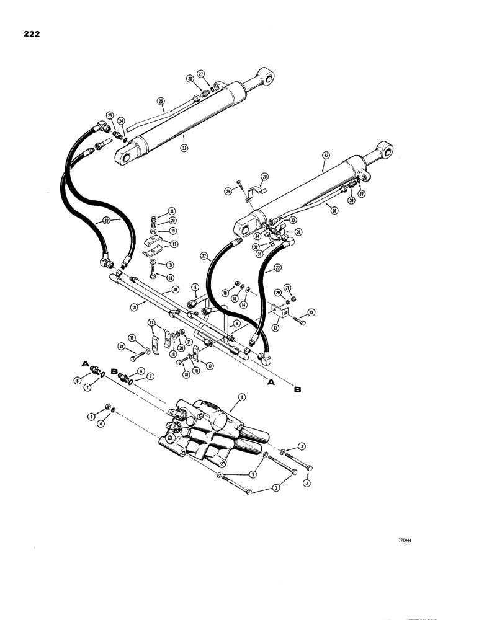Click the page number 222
point(29,34)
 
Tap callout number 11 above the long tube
point(176,290)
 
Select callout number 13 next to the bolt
point(311,312)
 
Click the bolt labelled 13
point(298,318)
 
